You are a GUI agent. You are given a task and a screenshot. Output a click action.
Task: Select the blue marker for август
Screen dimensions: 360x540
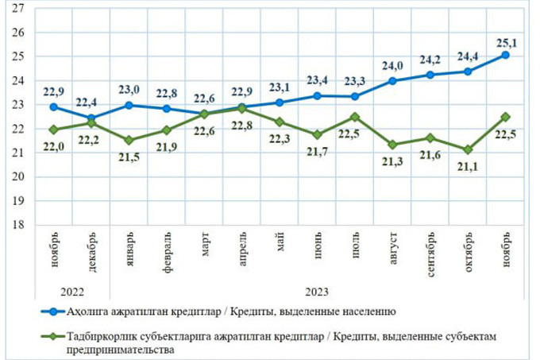tap(392, 81)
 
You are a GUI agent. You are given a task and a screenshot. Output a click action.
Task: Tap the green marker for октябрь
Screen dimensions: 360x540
tap(468, 149)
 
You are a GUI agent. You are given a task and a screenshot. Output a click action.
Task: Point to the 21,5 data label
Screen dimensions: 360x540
tap(129, 156)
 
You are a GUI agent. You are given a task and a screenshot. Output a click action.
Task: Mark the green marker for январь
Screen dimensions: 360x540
tap(129, 140)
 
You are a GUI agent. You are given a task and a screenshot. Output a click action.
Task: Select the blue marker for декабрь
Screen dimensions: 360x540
tap(91, 118)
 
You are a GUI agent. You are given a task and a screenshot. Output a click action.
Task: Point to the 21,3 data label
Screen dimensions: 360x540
tap(392, 161)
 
